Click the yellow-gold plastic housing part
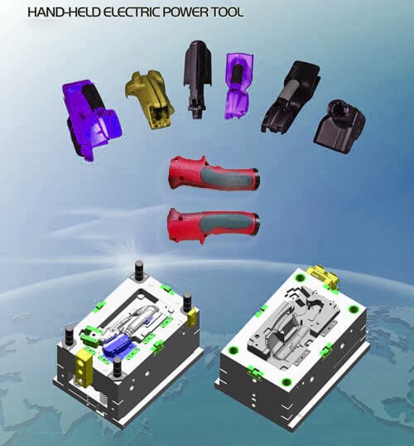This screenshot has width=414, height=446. (150, 99)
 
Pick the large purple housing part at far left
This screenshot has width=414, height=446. (92, 120)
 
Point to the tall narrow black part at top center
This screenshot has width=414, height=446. (198, 78)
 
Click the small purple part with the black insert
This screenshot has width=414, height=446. (238, 85)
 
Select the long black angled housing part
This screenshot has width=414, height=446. (291, 98)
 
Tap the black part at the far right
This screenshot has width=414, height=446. (339, 126)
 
